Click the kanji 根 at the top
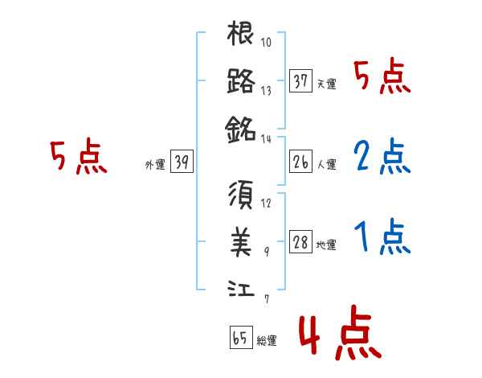coord(241,35)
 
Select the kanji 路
coord(241,80)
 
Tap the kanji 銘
coord(241,126)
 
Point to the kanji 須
coord(241,196)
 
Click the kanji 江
coord(241,287)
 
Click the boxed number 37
coord(301,81)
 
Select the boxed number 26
coord(301,162)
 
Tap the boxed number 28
coord(301,243)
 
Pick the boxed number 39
coord(182,162)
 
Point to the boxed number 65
coord(241,339)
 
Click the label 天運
coord(327,84)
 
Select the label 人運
coord(327,165)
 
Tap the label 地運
coord(327,245)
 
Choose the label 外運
coord(155,165)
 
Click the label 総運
coord(267,341)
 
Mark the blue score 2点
coord(382,158)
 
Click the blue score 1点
coord(382,236)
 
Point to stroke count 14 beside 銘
coord(268,138)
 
